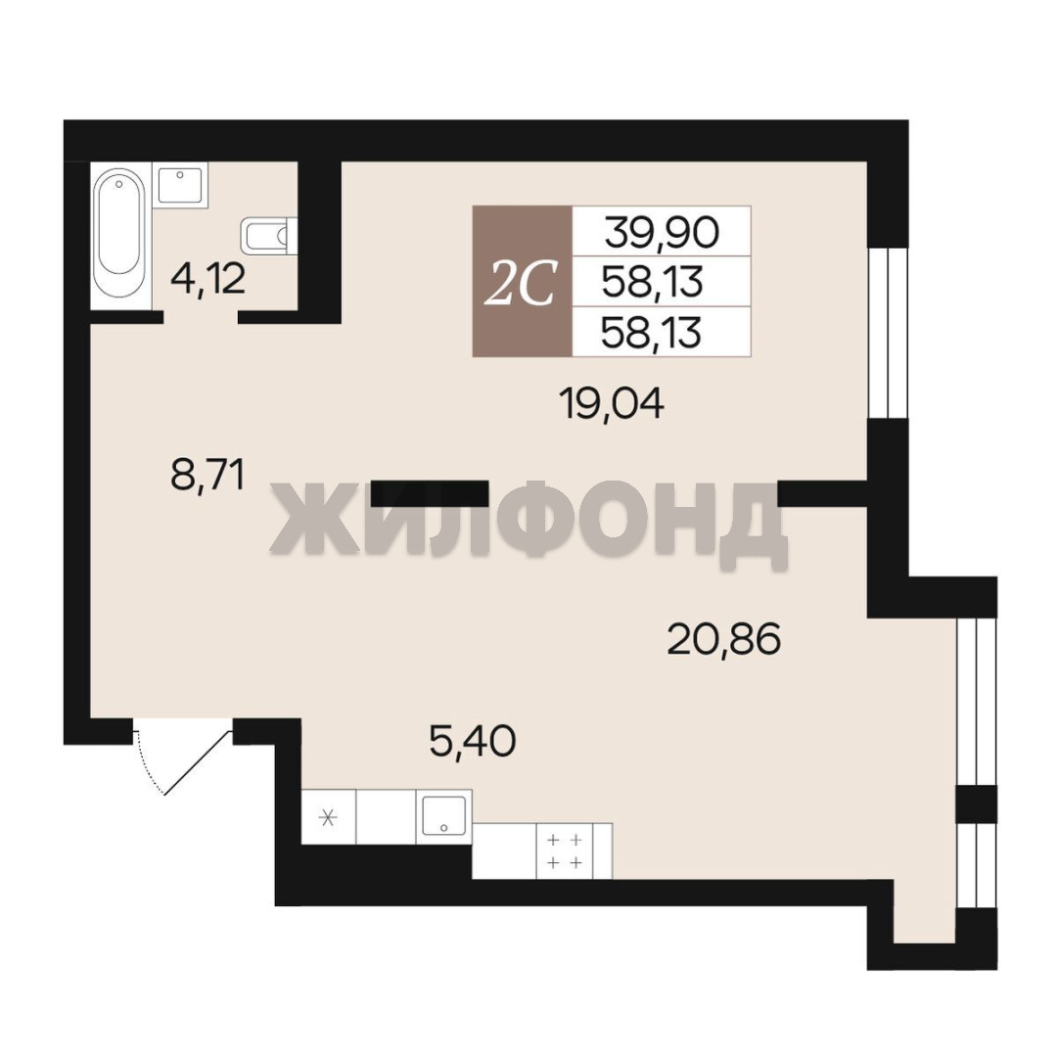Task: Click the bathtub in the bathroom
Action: coord(121,236)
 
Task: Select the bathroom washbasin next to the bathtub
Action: coord(180,185)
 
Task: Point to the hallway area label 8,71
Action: coord(207,475)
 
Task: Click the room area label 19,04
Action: coord(612,404)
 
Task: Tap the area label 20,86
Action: coord(724,639)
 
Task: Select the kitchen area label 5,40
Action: coord(473,741)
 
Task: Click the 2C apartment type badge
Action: coord(523,281)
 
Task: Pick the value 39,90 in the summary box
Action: coord(662,232)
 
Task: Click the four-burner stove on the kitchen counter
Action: coord(565,850)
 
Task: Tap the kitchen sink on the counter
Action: coord(443,816)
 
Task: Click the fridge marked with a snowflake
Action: coord(328,816)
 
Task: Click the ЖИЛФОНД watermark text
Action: coord(529,527)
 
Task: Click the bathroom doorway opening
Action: coord(201,317)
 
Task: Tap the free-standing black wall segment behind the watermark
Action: coord(430,493)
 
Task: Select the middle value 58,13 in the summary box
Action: coord(652,282)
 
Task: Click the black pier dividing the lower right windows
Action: coord(977,804)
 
